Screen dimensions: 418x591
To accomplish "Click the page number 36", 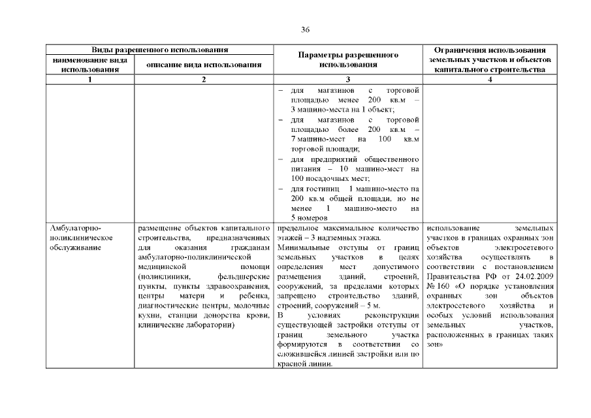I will click(304, 29).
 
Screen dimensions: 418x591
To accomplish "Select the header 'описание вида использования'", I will click(204, 64).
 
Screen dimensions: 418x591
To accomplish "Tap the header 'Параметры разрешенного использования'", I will click(348, 59).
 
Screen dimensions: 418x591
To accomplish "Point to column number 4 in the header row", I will click(489, 79).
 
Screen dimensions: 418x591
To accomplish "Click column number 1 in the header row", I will click(90, 79).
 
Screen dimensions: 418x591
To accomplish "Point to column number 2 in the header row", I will click(204, 79).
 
